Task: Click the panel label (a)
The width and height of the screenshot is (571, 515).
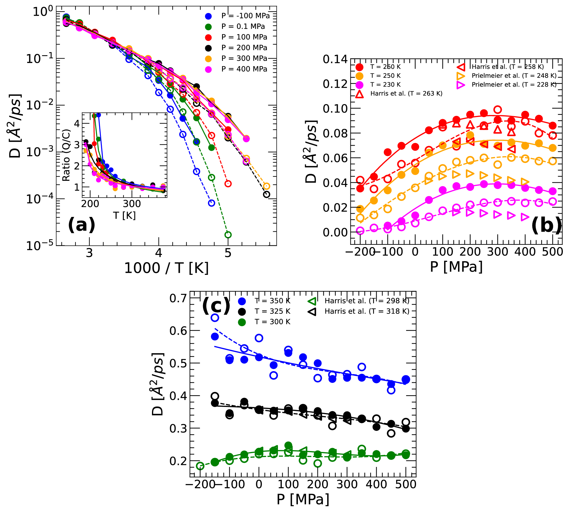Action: point(82,225)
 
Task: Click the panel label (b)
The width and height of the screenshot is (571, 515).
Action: point(547,225)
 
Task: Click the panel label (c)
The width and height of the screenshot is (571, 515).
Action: point(216,305)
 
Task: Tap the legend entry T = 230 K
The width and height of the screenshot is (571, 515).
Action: point(386,84)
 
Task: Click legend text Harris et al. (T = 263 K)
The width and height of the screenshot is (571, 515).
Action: point(406,94)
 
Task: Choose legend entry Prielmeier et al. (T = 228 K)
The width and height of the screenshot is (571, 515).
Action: point(514,84)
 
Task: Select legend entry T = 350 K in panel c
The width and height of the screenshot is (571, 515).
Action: point(272,301)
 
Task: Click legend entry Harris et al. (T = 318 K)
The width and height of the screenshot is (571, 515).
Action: point(367,311)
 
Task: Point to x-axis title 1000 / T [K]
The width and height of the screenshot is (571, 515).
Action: point(166,268)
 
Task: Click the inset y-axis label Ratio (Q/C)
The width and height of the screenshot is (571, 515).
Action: point(66,155)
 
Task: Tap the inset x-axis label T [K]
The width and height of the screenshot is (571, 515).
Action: point(124,215)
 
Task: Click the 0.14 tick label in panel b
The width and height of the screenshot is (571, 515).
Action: point(335,59)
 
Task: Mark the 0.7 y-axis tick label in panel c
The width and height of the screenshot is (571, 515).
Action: point(178,298)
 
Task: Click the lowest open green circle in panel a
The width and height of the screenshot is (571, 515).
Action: point(228,235)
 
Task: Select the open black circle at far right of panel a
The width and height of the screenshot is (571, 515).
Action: point(266,194)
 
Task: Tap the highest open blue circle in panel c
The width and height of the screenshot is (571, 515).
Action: point(215,317)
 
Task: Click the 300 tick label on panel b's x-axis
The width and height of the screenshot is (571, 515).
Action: point(498,252)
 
